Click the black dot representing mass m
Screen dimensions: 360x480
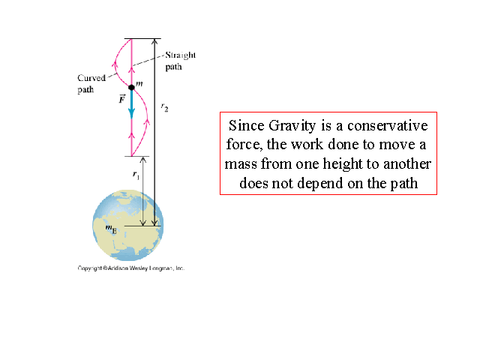point(131,88)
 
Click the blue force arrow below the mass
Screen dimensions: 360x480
point(131,103)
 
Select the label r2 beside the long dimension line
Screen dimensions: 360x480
point(164,107)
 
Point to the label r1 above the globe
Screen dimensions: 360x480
point(136,174)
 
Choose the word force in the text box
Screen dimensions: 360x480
point(242,144)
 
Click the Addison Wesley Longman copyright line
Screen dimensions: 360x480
point(131,268)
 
